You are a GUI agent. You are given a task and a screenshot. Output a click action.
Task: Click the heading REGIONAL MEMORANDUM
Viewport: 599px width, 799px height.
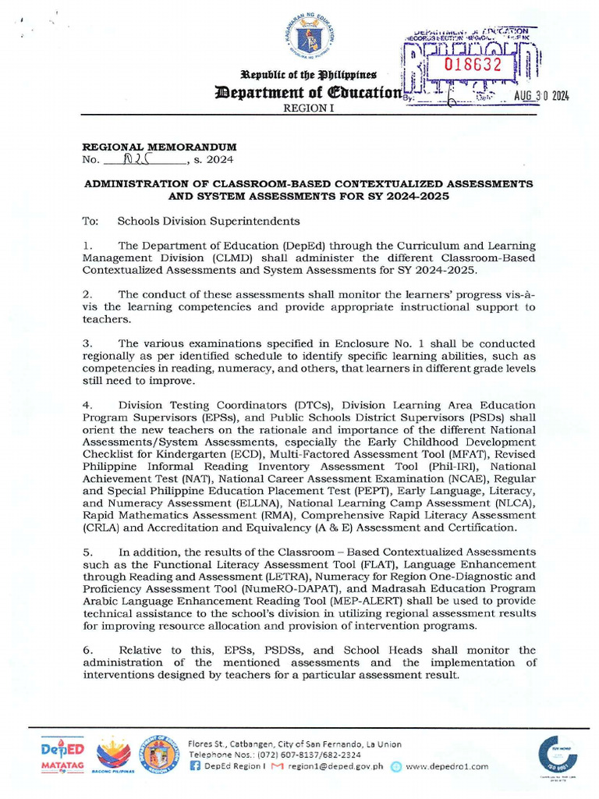160,147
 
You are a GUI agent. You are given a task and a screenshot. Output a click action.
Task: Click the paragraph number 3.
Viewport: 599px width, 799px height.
87,343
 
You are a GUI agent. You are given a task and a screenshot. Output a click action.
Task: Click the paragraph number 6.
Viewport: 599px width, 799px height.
87,650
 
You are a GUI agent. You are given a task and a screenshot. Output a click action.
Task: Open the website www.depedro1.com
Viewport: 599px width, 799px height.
447,766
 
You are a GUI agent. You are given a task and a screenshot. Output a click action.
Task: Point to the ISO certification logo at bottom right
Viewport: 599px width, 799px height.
556,757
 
